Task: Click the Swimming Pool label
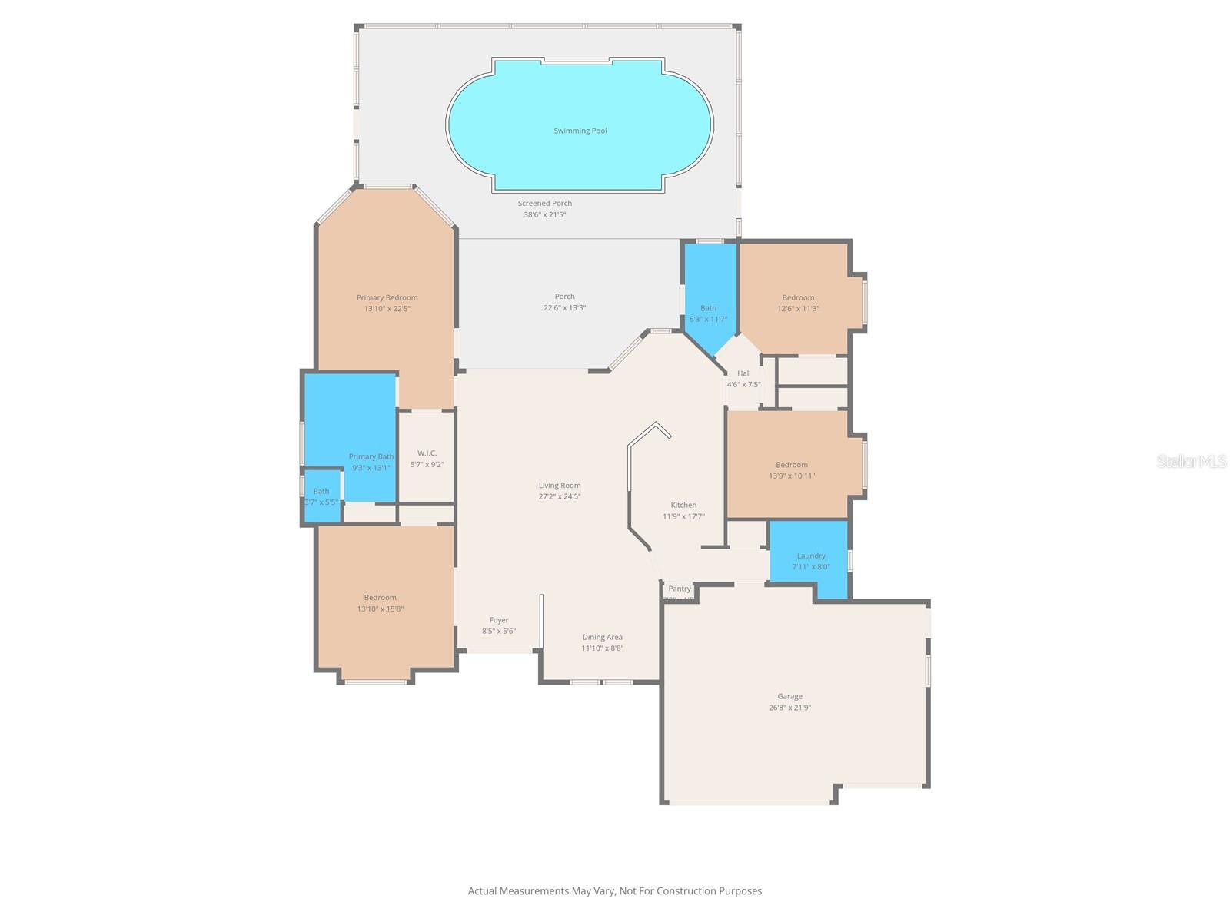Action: [x=580, y=131]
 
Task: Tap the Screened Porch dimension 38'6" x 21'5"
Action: [x=544, y=215]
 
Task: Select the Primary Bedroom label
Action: [x=387, y=297]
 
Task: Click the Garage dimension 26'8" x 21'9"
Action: [x=790, y=708]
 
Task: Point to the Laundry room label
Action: [x=811, y=556]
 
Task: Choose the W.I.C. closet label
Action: [x=427, y=453]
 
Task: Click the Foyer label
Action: [x=499, y=620]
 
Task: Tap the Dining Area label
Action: [x=602, y=637]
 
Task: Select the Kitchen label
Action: [x=683, y=505]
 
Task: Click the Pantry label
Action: [x=680, y=589]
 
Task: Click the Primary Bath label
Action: [x=371, y=456]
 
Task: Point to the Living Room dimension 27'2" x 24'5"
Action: [x=559, y=496]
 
